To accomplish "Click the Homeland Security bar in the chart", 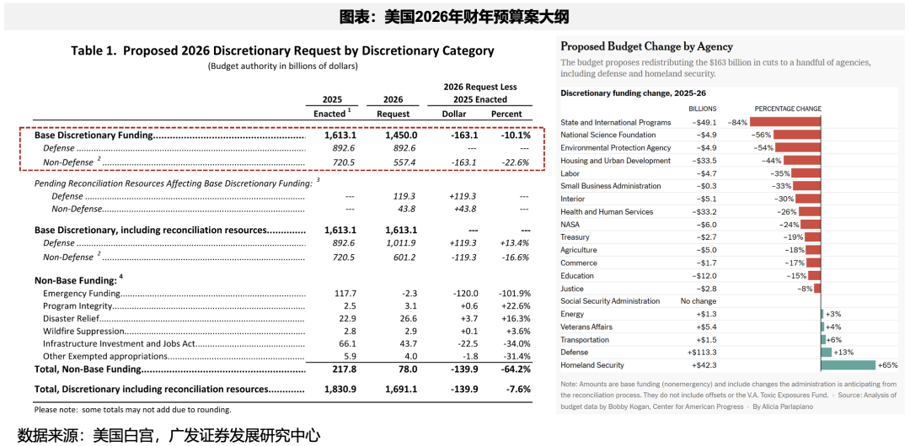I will click(848, 365).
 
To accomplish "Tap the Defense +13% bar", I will click(826, 353).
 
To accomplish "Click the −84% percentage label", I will click(737, 122).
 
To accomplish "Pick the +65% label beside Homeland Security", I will click(888, 365).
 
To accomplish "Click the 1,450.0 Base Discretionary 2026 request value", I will click(401, 135).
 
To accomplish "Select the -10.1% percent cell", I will click(515, 135).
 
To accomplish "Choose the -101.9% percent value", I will click(513, 294).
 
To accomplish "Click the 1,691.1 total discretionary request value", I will click(401, 390).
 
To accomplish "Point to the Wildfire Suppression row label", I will click(85, 332).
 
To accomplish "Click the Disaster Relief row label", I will click(72, 319).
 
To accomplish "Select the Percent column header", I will click(506, 114).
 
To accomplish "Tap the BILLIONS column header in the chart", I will click(702, 109).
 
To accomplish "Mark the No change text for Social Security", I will click(698, 301).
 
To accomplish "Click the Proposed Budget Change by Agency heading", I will click(646, 46).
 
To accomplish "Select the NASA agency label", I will click(570, 225).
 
